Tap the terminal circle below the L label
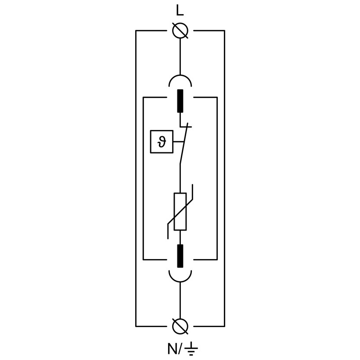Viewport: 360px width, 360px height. coord(180,31)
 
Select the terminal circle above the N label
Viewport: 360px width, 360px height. coord(180,326)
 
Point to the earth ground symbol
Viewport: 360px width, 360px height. coord(191,349)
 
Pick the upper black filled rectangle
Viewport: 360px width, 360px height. coord(180,101)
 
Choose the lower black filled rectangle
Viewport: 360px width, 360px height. coord(180,256)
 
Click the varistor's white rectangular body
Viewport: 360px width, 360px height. coord(180,212)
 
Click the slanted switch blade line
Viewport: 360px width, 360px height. coord(184,145)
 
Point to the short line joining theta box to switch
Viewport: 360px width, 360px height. coord(177,142)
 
